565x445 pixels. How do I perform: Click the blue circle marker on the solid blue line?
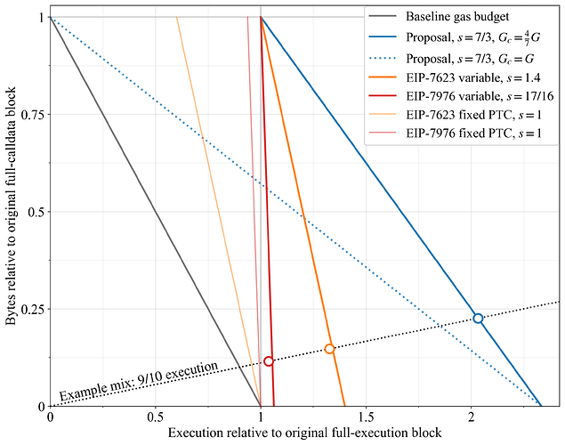point(478,318)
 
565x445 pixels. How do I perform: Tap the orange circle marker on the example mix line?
point(329,349)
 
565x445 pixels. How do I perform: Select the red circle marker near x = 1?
point(269,360)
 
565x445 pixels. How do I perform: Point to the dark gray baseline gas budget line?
point(155,212)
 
